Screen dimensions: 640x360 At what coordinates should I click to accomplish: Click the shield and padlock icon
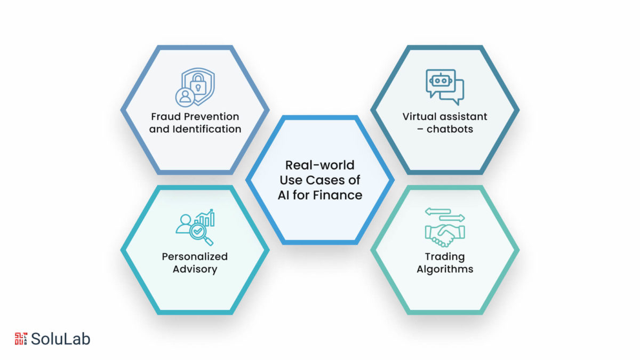[195, 87]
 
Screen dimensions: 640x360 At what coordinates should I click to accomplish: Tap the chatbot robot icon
[445, 87]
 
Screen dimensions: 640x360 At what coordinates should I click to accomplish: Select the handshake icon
[445, 235]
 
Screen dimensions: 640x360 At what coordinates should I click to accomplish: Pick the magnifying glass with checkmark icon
[202, 234]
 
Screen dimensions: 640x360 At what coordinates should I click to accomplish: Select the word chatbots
[450, 129]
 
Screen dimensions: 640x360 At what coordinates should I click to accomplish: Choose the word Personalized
[195, 257]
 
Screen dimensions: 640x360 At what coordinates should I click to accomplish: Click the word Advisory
[195, 269]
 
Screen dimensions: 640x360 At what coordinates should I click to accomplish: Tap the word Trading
[445, 257]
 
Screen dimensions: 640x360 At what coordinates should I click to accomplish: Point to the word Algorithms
[445, 269]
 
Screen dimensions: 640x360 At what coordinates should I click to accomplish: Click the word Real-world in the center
[319, 165]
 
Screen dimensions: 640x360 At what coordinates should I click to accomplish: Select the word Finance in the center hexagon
[338, 195]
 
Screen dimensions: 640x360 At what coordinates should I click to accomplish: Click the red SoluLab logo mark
[21, 339]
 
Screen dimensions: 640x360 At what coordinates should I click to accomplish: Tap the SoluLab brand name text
[61, 339]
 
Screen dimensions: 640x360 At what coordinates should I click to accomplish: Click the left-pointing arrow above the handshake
[438, 212]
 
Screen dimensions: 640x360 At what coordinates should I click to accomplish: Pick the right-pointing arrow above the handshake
[452, 218]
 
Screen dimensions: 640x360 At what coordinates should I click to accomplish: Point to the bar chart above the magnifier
[205, 218]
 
